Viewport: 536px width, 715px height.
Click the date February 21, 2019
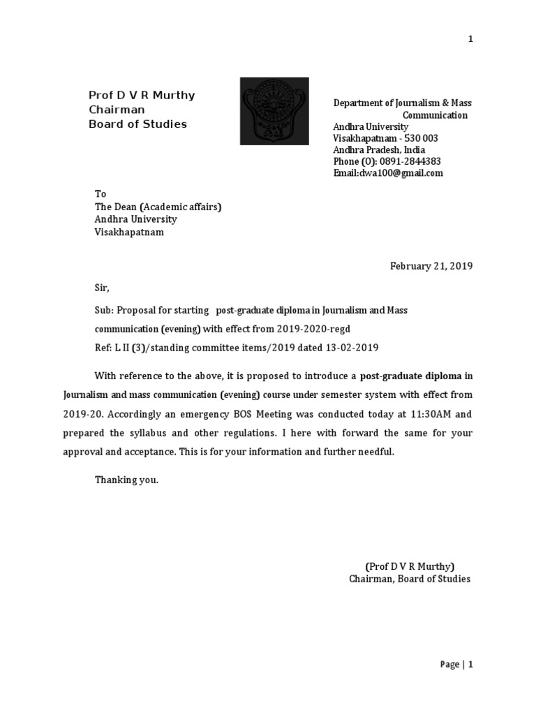click(431, 266)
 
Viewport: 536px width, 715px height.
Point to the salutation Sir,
click(103, 288)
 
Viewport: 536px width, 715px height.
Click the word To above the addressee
click(100, 193)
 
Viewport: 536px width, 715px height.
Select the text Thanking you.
click(127, 480)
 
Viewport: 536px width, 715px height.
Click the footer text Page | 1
click(457, 665)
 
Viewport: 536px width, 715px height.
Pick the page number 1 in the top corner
click(470, 39)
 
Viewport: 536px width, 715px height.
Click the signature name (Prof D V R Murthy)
click(410, 566)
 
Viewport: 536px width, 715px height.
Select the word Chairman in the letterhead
click(117, 110)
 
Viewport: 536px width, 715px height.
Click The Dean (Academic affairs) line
click(158, 206)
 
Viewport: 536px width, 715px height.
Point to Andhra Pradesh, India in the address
click(379, 150)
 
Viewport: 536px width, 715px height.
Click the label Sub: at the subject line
click(104, 309)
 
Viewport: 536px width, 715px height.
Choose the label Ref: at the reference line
click(103, 348)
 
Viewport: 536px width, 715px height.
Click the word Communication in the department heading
click(435, 115)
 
